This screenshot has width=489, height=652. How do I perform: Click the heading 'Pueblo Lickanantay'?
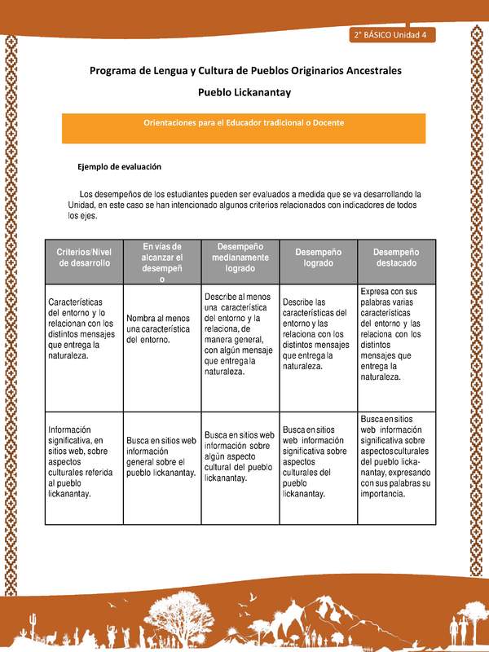(x=244, y=93)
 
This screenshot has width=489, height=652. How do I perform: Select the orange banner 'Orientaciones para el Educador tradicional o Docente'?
(x=244, y=122)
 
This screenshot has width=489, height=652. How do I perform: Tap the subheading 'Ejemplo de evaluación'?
(x=119, y=166)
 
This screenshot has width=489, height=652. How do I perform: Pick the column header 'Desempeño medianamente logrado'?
(x=239, y=258)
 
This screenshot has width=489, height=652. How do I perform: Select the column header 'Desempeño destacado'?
(x=397, y=258)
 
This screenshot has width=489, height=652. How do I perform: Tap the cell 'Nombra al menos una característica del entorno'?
(x=161, y=328)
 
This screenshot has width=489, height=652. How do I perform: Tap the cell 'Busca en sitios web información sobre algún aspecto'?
(x=239, y=456)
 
